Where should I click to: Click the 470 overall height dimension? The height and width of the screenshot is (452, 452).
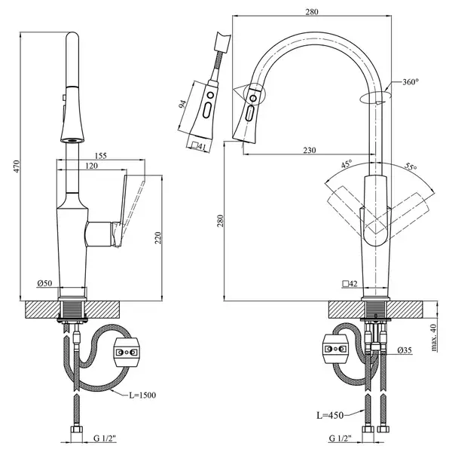point(17,166)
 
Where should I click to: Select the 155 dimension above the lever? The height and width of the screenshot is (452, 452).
point(101,156)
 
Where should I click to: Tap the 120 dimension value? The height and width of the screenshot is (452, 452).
point(92,166)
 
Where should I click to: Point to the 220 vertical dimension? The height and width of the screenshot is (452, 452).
point(158,237)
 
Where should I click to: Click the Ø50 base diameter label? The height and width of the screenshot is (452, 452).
point(44,283)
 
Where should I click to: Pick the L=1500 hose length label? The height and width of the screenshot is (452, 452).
point(142,395)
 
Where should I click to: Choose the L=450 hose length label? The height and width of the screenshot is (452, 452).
point(330,415)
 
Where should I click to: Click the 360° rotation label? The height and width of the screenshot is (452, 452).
point(411,82)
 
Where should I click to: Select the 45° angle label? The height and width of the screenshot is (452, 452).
point(347,164)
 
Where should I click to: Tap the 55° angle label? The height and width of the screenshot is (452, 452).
point(411,166)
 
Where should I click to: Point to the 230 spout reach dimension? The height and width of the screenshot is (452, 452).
point(310,150)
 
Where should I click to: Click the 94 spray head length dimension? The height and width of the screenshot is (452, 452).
point(182,105)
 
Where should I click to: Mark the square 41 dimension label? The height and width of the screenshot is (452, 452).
point(199,146)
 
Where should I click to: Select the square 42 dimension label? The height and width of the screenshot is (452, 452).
point(350,284)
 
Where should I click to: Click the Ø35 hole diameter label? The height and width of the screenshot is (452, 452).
point(405,350)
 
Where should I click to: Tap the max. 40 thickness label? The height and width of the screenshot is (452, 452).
point(434,337)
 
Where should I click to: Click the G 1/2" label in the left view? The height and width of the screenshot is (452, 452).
point(105,438)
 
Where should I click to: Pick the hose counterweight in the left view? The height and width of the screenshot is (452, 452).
point(128,352)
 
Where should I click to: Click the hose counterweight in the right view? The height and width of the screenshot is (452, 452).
point(335,349)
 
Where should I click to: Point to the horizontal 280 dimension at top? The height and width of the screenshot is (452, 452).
point(312,12)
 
